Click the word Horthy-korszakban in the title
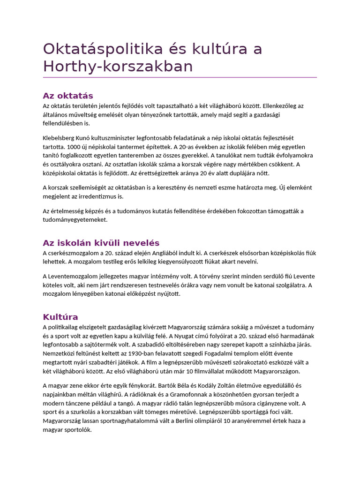point(118,67)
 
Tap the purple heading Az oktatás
point(68,96)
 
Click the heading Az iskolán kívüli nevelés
point(101,243)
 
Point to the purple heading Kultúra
point(60,316)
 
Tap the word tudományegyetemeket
point(75,219)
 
